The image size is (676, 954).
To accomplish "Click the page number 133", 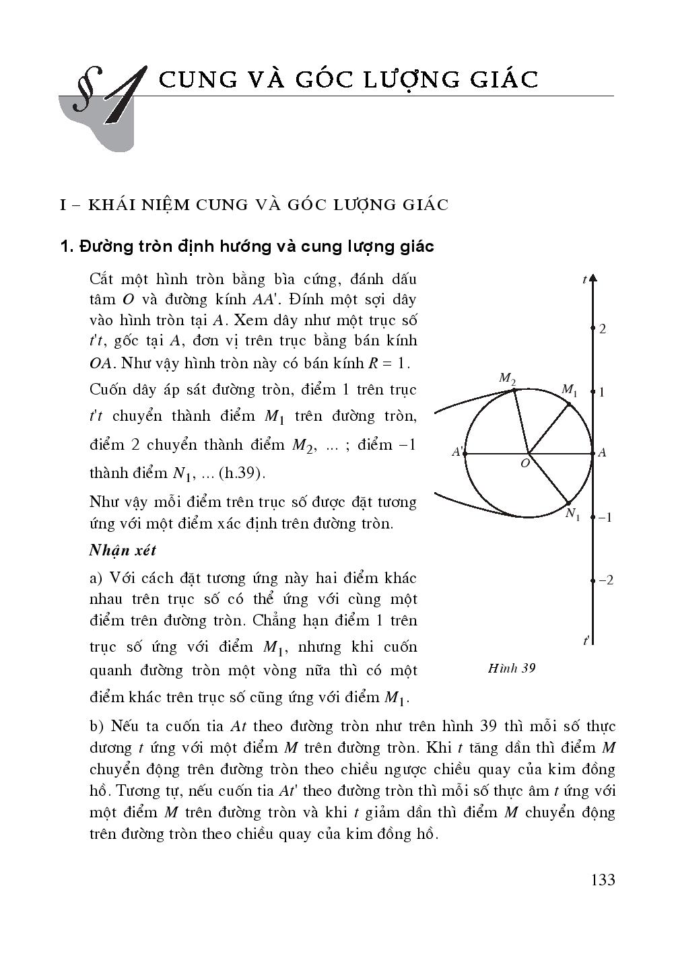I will click(x=602, y=879).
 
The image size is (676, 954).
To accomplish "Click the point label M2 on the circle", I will click(x=507, y=378).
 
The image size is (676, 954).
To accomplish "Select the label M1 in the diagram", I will click(x=570, y=390).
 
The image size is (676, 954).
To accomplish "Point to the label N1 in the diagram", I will click(x=573, y=515).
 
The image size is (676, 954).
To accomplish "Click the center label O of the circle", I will click(x=525, y=463).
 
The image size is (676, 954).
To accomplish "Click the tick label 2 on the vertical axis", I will click(x=603, y=329).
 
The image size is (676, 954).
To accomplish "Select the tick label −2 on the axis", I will click(x=605, y=580).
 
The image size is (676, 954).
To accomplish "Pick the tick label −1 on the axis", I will click(x=605, y=518).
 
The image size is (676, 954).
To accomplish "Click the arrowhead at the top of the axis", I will click(x=593, y=278).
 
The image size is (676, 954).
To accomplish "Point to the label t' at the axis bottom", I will click(x=586, y=640).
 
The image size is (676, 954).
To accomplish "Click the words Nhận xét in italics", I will click(x=123, y=550).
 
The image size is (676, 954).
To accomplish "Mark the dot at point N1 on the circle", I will click(x=569, y=503).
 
